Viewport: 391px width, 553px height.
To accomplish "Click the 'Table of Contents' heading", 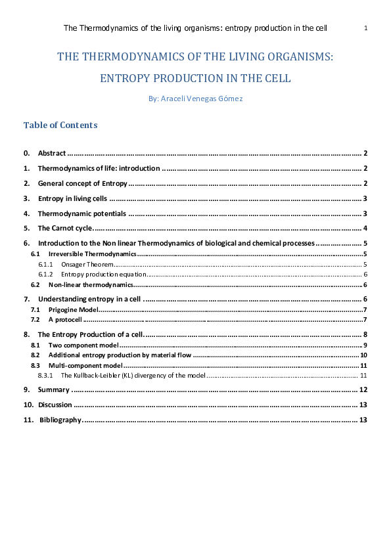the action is point(60,125).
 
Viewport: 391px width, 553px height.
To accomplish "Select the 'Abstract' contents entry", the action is point(51,153).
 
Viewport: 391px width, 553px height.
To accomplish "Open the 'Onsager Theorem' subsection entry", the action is point(83,264).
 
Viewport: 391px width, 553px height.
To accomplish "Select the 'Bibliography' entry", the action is point(60,420).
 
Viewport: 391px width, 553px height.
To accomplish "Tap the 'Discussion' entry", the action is point(55,405).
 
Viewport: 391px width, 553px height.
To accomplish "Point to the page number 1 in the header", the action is point(365,28).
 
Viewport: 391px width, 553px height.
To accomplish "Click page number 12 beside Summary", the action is point(363,389).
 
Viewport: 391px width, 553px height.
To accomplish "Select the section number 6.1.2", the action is point(45,274).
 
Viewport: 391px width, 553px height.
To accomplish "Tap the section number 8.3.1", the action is point(45,375).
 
